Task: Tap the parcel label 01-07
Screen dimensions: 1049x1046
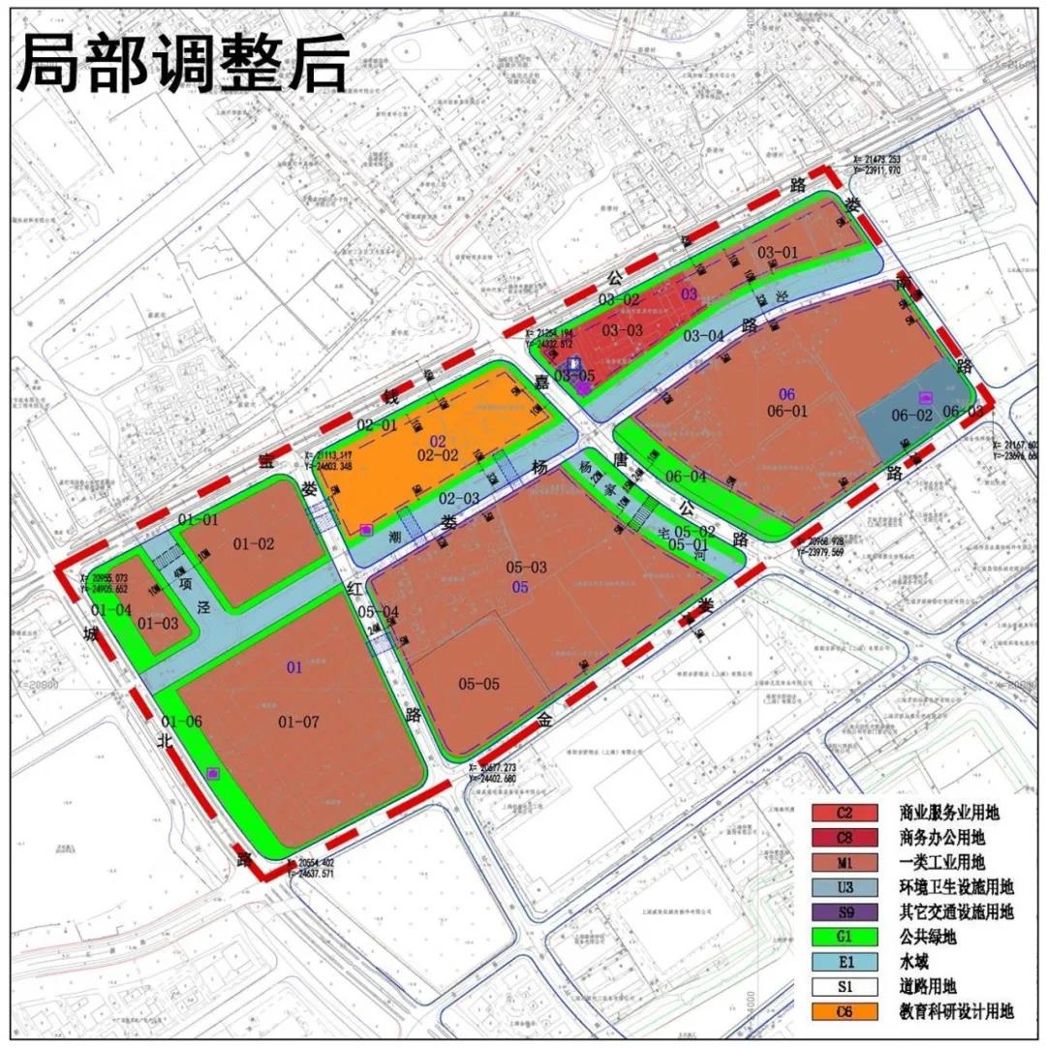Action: pyautogui.click(x=298, y=721)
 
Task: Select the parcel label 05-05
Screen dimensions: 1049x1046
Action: pyautogui.click(x=479, y=684)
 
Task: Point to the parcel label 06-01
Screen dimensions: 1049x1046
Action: pyautogui.click(x=787, y=411)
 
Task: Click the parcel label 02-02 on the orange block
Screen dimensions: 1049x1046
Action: pyautogui.click(x=438, y=453)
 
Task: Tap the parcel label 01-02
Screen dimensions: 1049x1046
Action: pyautogui.click(x=254, y=543)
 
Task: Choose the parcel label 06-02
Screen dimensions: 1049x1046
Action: pyautogui.click(x=911, y=415)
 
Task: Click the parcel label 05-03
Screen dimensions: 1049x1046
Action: pyautogui.click(x=527, y=567)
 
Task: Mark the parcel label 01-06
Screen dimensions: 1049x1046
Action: pyautogui.click(x=182, y=721)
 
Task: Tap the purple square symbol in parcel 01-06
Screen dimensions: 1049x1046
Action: pyautogui.click(x=213, y=772)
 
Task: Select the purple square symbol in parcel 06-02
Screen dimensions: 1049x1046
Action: pyautogui.click(x=925, y=396)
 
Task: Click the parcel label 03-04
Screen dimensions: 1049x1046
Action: pyautogui.click(x=703, y=336)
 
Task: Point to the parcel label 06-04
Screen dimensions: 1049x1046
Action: pyautogui.click(x=687, y=476)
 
